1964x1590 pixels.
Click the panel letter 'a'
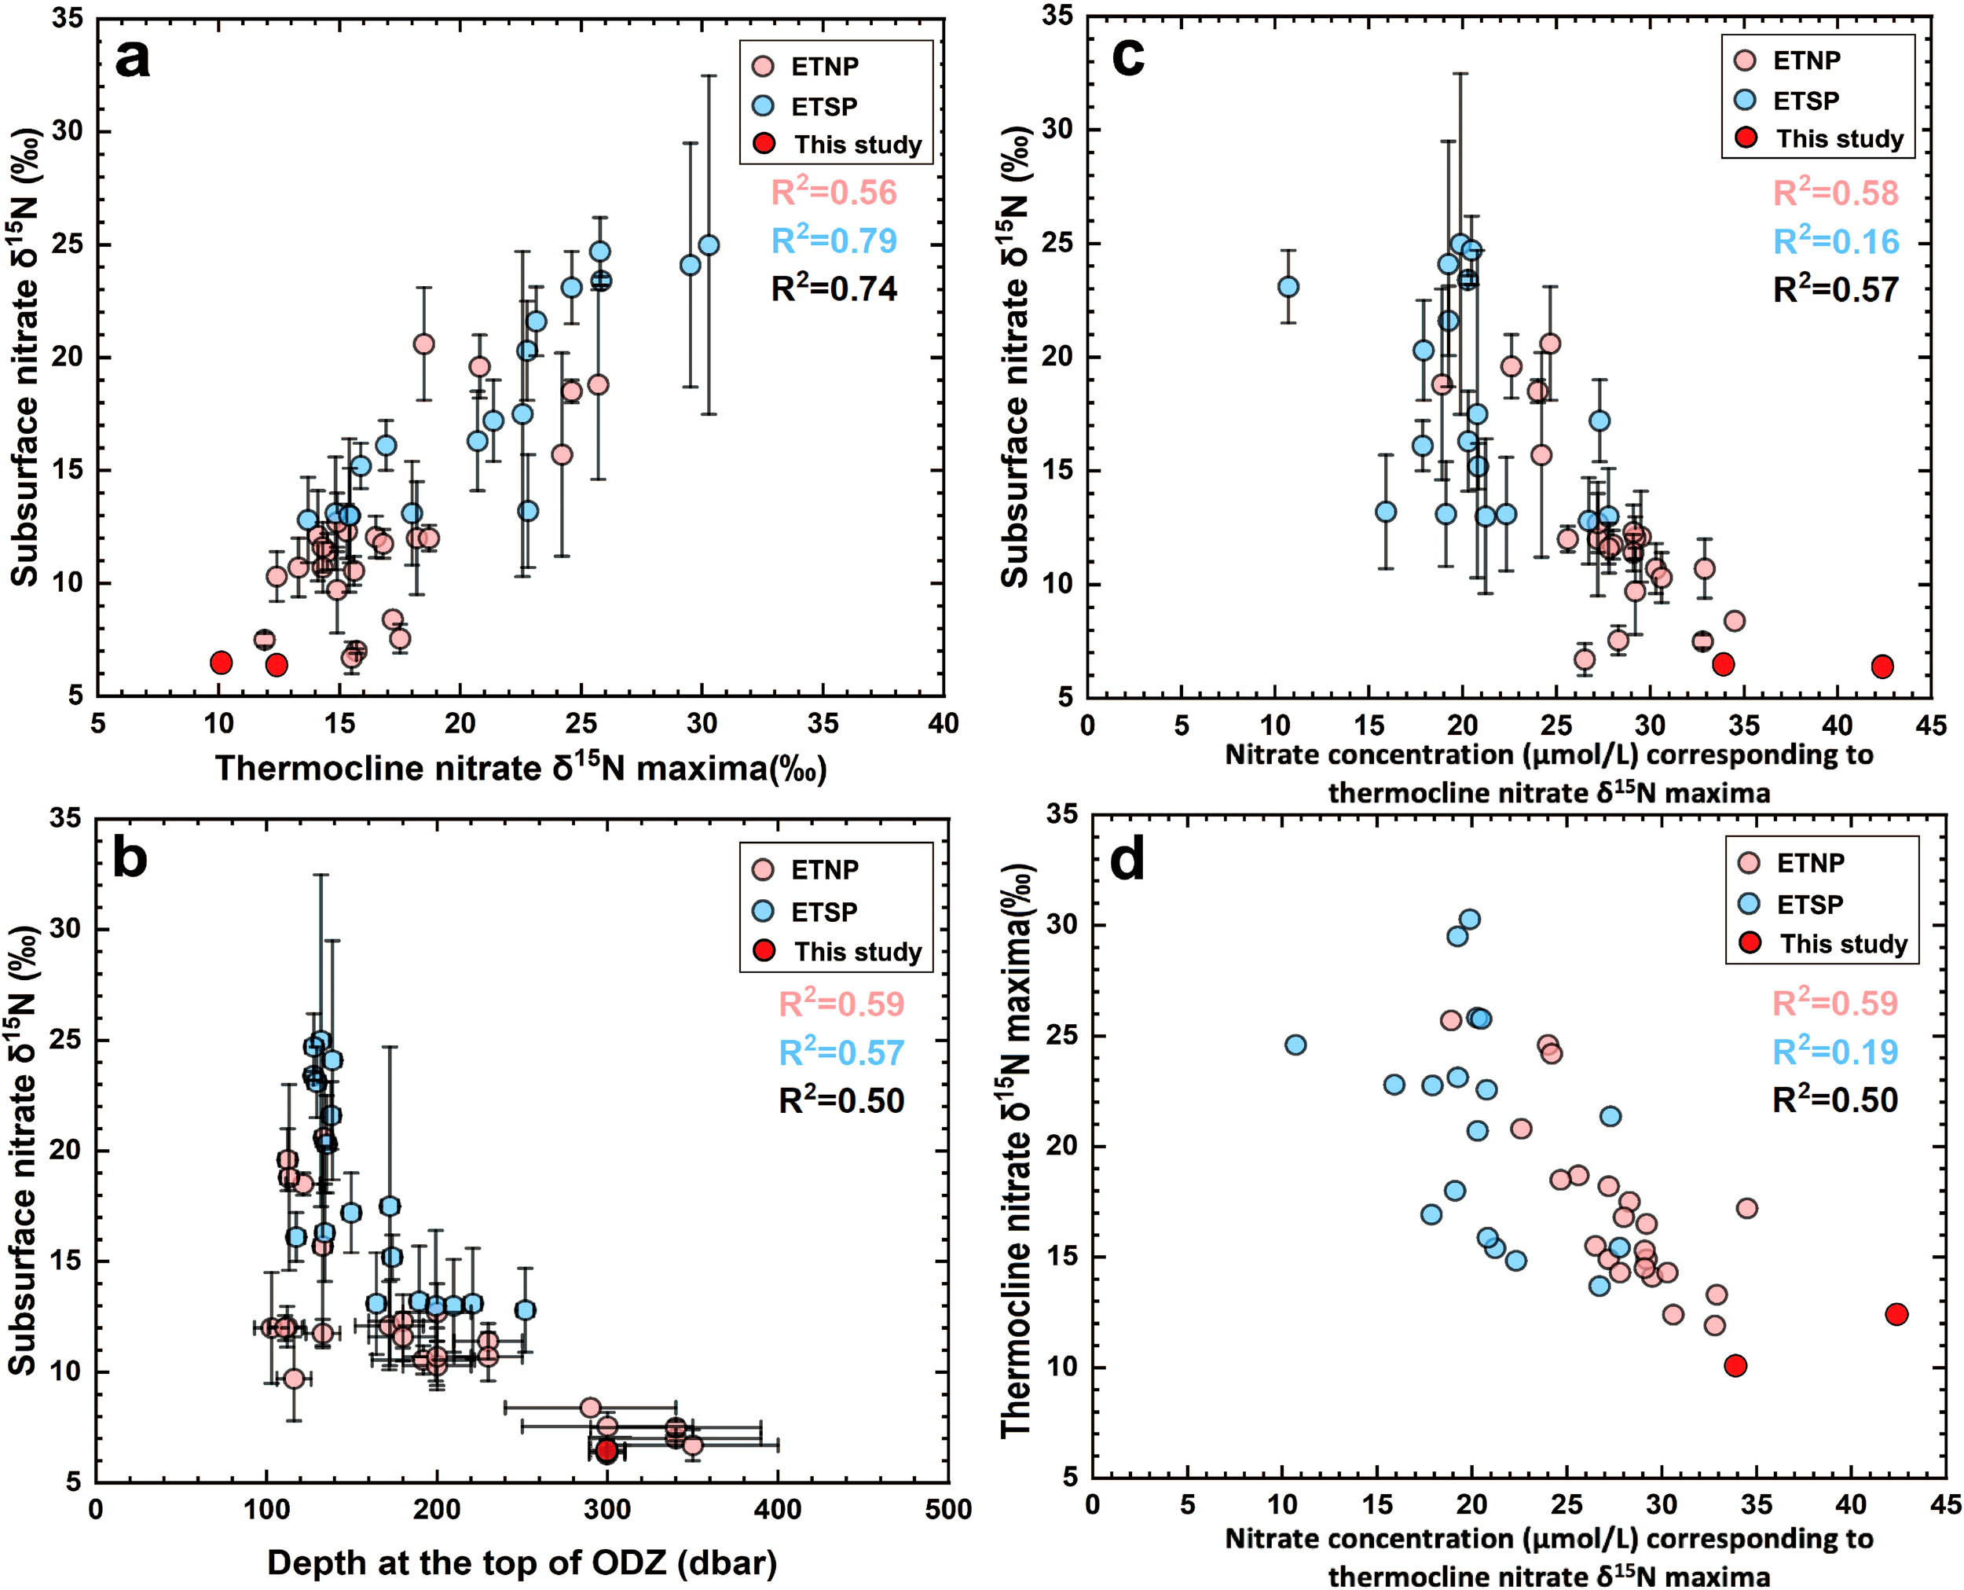click(133, 61)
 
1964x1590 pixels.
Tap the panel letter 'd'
click(1127, 861)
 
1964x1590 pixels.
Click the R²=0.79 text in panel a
click(834, 241)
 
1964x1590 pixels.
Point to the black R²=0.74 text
click(834, 289)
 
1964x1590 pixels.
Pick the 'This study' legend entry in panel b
click(857, 952)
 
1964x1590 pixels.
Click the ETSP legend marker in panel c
click(1745, 100)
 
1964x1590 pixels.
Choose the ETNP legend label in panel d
click(1810, 863)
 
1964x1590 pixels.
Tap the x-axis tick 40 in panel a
click(943, 724)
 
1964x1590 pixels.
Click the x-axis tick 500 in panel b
click(947, 1509)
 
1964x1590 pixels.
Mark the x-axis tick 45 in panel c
click(1931, 725)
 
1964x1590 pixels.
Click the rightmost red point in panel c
click(1882, 666)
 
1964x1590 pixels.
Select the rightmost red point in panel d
click(1896, 1314)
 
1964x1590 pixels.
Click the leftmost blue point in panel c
click(1288, 287)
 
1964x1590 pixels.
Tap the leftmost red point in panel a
click(221, 663)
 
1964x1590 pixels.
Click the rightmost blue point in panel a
click(709, 245)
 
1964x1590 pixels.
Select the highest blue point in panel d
click(1470, 920)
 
